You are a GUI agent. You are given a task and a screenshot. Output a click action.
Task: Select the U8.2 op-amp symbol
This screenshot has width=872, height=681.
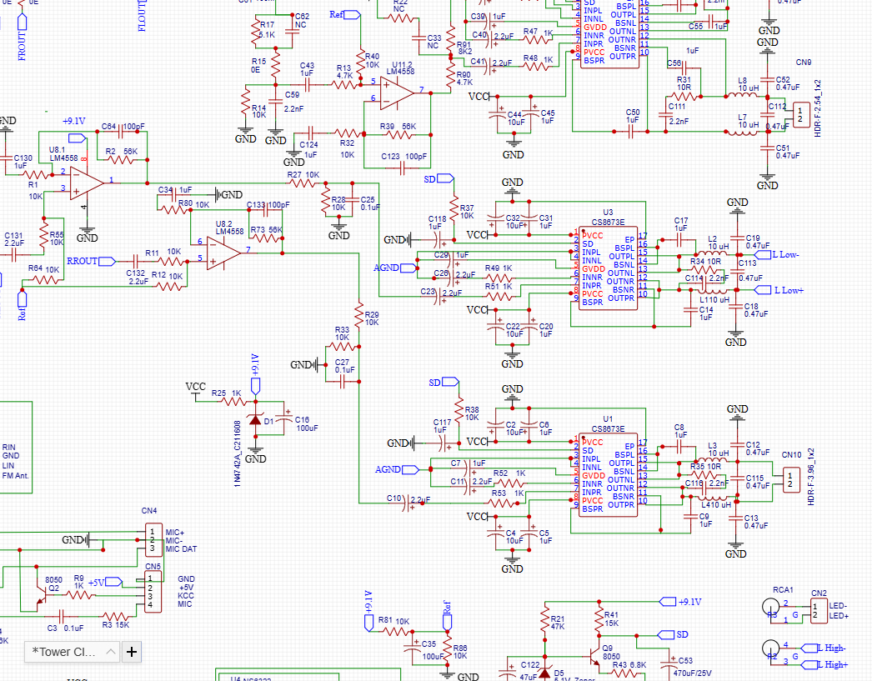pyautogui.click(x=223, y=251)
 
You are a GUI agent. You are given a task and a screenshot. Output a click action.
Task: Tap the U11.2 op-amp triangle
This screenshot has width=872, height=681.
pyautogui.click(x=397, y=90)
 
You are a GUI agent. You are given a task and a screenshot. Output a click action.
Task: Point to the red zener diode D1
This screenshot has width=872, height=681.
pyautogui.click(x=255, y=421)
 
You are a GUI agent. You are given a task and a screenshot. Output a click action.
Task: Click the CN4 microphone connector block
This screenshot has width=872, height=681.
pyautogui.click(x=153, y=540)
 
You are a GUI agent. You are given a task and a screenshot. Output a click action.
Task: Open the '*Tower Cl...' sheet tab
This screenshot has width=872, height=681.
pyautogui.click(x=65, y=651)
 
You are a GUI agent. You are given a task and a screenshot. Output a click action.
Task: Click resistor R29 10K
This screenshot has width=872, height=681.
pyautogui.click(x=359, y=318)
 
